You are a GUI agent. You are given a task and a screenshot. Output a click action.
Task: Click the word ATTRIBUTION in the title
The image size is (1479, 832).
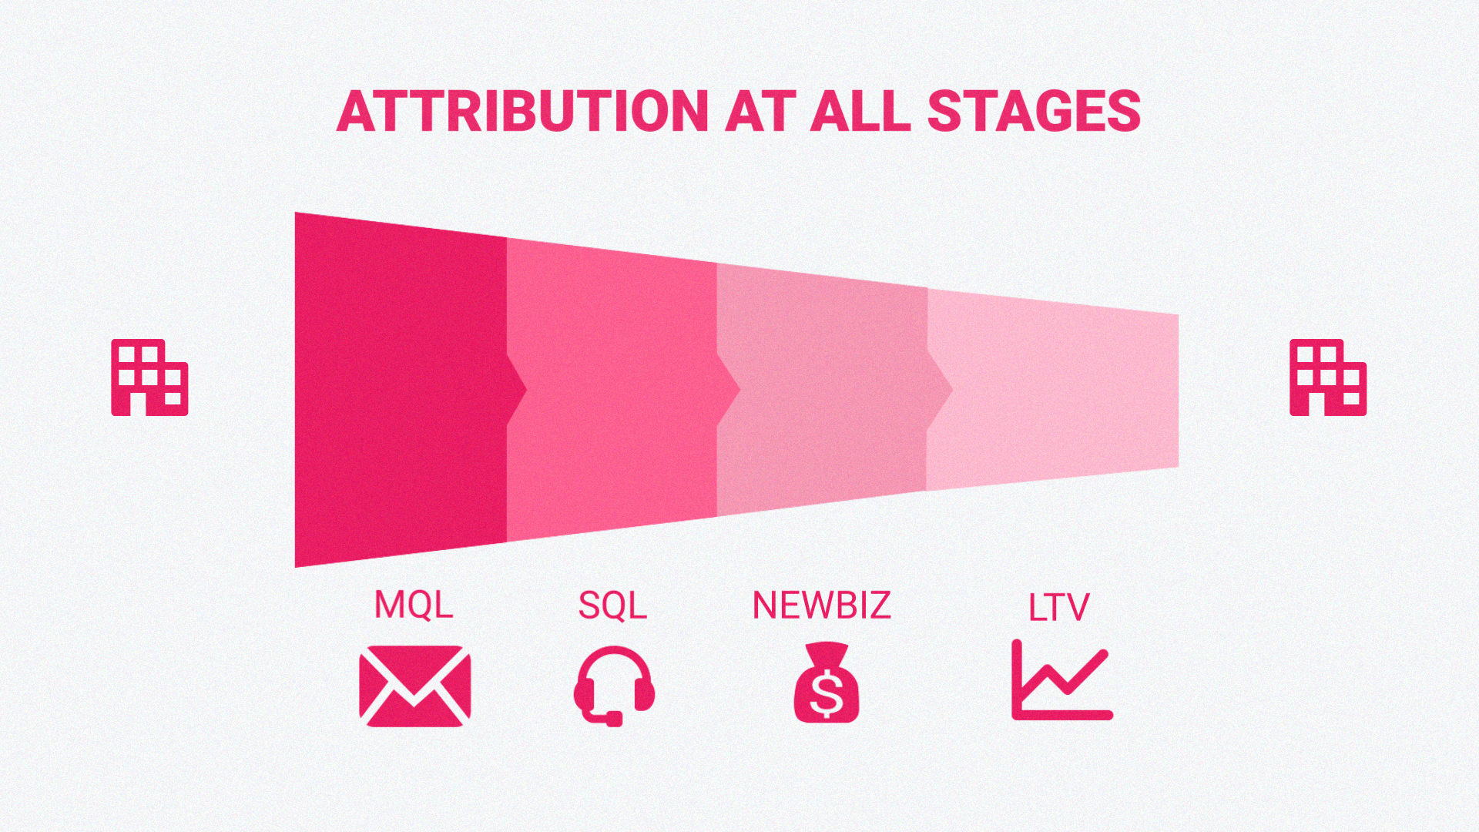(522, 112)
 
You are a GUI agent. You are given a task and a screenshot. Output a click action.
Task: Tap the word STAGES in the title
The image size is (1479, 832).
(1034, 112)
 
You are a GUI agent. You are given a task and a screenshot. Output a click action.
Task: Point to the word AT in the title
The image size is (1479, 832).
(759, 112)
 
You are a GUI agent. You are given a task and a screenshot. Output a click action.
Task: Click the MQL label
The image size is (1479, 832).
(414, 605)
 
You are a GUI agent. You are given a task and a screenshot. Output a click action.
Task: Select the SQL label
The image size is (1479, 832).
(612, 606)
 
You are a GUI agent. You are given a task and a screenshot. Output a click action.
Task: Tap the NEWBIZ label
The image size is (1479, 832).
(821, 606)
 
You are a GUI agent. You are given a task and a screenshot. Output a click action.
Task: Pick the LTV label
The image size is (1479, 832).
(1058, 608)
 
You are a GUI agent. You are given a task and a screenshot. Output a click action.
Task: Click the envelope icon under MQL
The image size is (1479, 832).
(415, 686)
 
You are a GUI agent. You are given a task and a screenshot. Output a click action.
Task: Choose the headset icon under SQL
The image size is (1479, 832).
(614, 685)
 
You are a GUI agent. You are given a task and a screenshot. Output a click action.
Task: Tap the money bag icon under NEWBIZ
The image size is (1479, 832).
(826, 683)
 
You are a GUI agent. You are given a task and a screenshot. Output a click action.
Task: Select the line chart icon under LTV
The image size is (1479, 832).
(1061, 681)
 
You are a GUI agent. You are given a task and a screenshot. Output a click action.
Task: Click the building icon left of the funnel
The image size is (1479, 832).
(149, 377)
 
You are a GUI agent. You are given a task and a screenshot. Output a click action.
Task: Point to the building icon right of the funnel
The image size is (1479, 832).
(1328, 377)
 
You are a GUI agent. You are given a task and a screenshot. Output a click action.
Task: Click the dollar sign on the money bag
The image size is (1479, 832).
(827, 693)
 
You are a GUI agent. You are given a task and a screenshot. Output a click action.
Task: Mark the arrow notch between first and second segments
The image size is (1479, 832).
(517, 390)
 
